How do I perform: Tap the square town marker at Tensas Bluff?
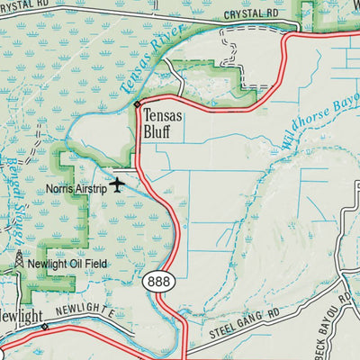click(137, 105)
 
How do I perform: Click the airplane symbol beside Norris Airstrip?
click(117, 185)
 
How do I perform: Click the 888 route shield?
click(155, 283)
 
